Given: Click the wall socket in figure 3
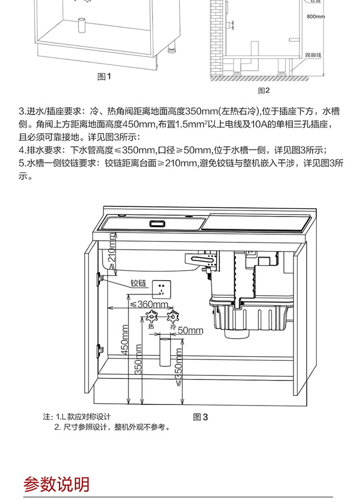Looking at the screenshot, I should pyautogui.click(x=162, y=289).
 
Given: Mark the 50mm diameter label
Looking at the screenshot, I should pyautogui.click(x=191, y=330).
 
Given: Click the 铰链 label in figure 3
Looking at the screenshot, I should pyautogui.click(x=138, y=283).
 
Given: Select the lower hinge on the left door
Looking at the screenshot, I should pyautogui.click(x=100, y=349).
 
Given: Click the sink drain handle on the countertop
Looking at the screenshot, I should pyautogui.click(x=157, y=223).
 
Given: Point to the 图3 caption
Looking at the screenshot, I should pyautogui.click(x=201, y=417).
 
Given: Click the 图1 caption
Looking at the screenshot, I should pyautogui.click(x=104, y=77).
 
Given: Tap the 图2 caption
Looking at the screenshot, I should pyautogui.click(x=264, y=90).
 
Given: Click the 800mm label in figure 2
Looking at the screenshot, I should pyautogui.click(x=316, y=17).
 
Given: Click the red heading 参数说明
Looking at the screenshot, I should pyautogui.click(x=57, y=484).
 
